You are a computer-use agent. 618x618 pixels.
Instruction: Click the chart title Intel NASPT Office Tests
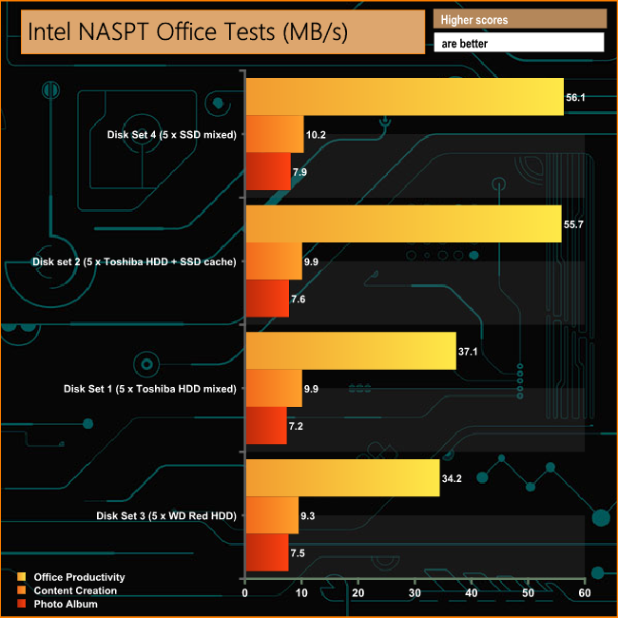point(188,31)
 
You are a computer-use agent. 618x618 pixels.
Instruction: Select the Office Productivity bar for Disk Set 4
point(404,97)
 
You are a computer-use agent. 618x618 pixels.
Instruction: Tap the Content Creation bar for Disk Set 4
point(275,134)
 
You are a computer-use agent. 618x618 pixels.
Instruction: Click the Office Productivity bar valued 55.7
point(403,223)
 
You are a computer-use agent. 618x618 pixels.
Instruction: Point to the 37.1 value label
point(470,351)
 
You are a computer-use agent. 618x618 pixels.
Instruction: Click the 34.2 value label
point(453,477)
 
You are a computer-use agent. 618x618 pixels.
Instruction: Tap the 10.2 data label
point(317,135)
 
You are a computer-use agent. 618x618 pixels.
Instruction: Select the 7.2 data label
point(299,426)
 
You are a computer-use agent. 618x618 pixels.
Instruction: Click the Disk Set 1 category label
point(149,388)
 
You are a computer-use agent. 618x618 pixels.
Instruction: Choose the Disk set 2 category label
point(134,261)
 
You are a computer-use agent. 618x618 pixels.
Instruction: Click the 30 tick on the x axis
point(415,593)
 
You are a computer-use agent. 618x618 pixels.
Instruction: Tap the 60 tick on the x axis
point(584,593)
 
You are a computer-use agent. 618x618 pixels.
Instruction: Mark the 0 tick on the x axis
point(245,593)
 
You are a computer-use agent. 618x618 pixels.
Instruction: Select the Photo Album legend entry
point(63,604)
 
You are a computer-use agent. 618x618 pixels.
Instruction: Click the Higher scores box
point(519,20)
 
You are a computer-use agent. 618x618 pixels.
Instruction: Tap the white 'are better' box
point(519,43)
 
